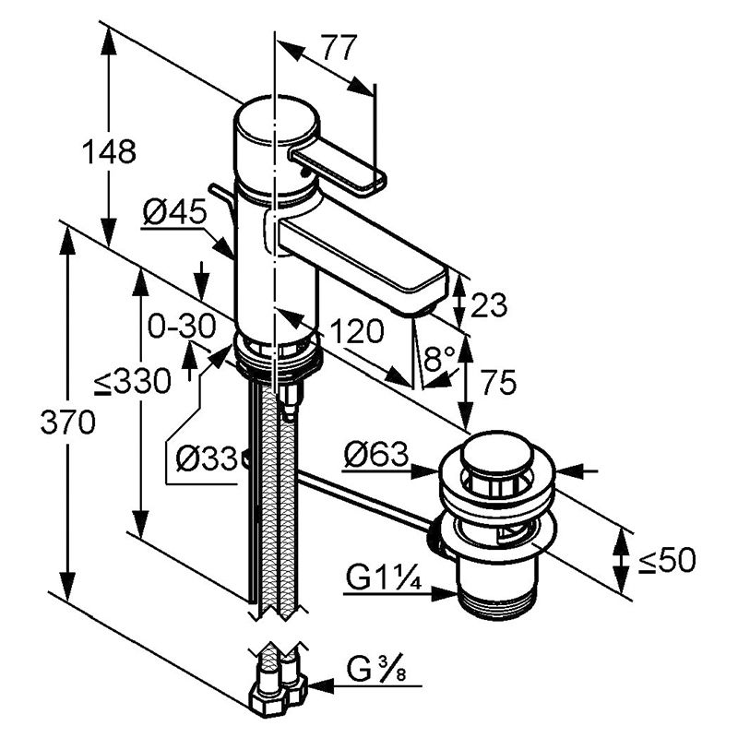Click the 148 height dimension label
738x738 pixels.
coord(109,151)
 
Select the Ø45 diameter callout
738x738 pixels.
coord(175,212)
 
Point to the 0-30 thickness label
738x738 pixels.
coord(182,327)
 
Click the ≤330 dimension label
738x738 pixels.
coord(132,381)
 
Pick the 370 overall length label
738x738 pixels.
coord(67,423)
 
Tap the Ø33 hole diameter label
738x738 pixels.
coord(207,458)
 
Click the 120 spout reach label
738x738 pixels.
coord(357,331)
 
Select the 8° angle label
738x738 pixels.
coord(440,359)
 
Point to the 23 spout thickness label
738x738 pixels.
coord(489,304)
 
